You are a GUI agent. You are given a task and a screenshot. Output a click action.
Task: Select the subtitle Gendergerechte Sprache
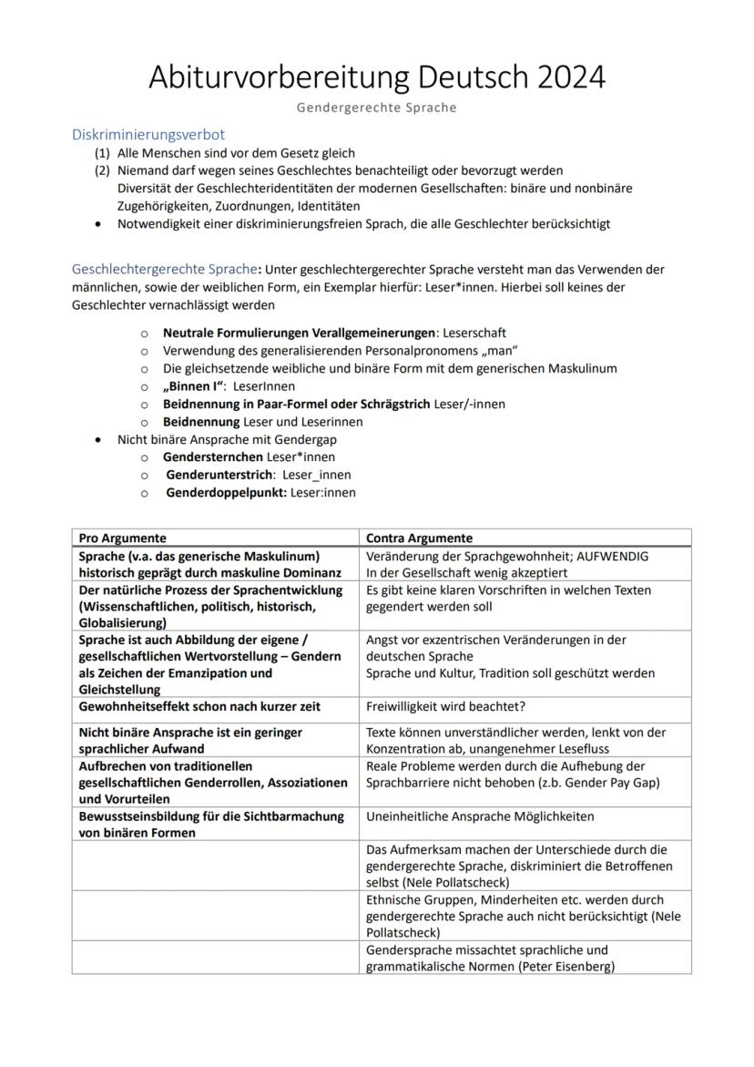(x=376, y=108)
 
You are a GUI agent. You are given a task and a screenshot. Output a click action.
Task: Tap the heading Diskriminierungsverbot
(x=148, y=135)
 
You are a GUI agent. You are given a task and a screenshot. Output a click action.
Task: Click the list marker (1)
(x=102, y=153)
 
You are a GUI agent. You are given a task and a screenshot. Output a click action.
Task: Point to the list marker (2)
(x=102, y=170)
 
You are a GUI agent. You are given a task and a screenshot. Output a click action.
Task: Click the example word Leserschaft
(x=474, y=333)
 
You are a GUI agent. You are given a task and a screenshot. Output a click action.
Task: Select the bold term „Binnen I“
(x=194, y=386)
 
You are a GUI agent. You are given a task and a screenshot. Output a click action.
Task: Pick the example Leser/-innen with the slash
(x=470, y=404)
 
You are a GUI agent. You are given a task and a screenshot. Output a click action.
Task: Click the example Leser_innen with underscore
(x=316, y=475)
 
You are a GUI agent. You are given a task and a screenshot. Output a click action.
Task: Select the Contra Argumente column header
(x=419, y=539)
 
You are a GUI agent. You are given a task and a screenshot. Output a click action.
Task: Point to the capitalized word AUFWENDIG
(x=612, y=556)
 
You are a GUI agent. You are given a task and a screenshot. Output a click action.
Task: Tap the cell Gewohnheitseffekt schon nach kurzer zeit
(x=199, y=706)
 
